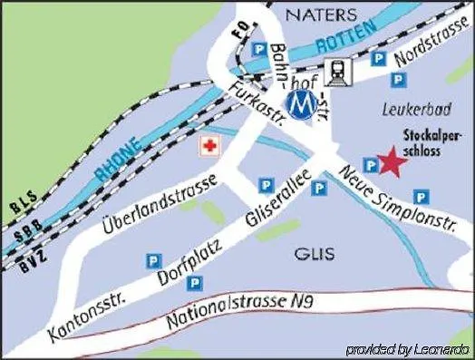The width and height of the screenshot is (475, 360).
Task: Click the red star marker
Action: pyautogui.click(x=392, y=163)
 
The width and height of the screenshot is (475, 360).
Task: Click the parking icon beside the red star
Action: pyautogui.click(x=370, y=164)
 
